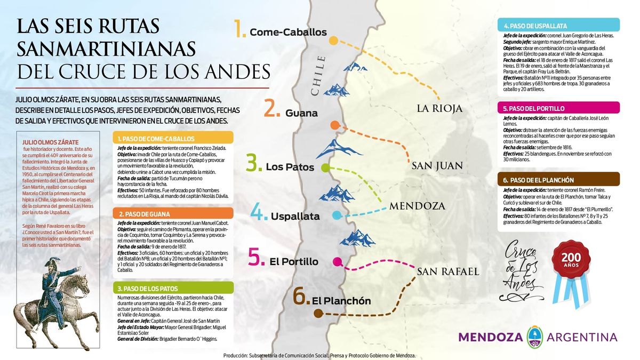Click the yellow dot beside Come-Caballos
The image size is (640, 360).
pos(333,41)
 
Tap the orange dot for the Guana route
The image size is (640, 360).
pos(335,125)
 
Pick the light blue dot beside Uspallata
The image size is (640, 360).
pos(337,215)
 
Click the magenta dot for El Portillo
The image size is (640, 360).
pos(337,261)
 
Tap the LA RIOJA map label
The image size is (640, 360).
pos(439,109)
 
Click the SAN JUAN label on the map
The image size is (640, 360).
pos(437,166)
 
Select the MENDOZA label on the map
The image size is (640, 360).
pos(417,205)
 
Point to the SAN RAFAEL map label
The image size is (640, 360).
pos(448,271)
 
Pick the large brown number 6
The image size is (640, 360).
pos(301,297)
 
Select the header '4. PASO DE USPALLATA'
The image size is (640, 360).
pos(559,25)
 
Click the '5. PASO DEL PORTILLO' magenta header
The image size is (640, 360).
pos(559,108)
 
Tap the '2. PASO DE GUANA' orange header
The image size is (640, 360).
pos(174,214)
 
